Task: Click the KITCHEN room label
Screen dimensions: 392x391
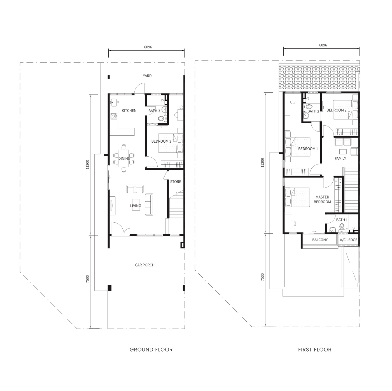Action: pos(129,110)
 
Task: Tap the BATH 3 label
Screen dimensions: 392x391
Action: pos(154,111)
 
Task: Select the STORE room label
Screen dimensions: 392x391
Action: pos(176,182)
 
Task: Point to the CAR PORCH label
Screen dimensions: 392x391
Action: pos(145,265)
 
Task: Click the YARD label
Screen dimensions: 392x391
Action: pos(147,76)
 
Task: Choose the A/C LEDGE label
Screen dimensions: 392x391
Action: pos(349,240)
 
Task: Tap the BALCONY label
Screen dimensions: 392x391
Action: pos(320,240)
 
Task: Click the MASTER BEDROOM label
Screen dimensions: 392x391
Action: pos(322,199)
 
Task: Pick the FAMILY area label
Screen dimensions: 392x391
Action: pos(340,159)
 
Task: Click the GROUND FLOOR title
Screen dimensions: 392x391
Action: pos(151,350)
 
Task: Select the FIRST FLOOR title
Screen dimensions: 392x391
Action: pos(315,350)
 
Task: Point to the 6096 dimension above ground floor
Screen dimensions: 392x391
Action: pos(148,47)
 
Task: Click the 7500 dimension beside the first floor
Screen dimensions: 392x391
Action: pos(262,277)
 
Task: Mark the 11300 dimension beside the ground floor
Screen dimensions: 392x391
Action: pos(87,165)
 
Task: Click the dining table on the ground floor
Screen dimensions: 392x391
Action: pos(124,158)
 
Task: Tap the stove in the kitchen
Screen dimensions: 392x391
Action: pos(113,116)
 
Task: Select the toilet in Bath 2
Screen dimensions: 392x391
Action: pos(309,107)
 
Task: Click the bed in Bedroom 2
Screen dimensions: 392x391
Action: pos(345,110)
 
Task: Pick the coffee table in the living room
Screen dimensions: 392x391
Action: pos(136,204)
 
